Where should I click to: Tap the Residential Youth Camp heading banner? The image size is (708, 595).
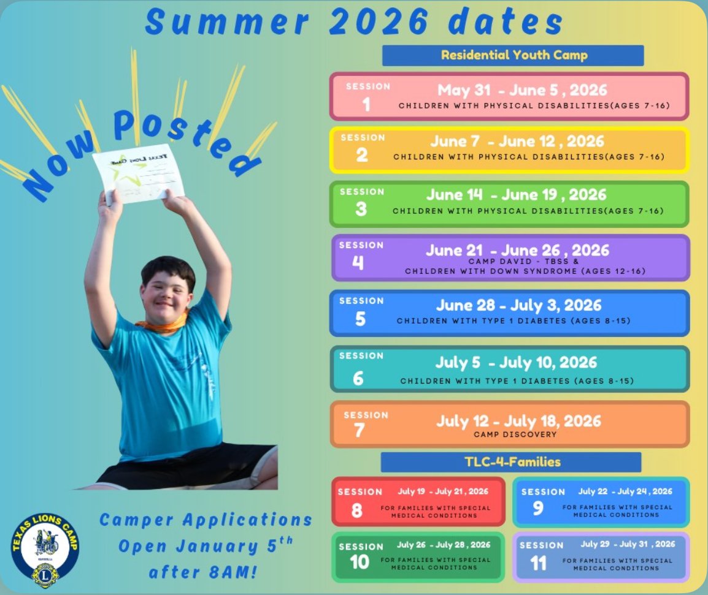click(513, 55)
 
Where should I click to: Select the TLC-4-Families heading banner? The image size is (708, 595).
click(510, 462)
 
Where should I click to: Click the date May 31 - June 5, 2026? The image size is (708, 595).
click(522, 91)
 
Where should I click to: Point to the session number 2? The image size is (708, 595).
click(362, 155)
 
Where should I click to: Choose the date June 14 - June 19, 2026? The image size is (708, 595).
click(516, 195)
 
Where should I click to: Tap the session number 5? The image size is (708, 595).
click(360, 319)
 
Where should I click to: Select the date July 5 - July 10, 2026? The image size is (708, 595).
click(516, 362)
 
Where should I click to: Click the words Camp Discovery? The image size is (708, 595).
click(515, 434)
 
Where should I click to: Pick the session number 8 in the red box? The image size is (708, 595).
click(356, 510)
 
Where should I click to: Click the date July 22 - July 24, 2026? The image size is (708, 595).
click(625, 491)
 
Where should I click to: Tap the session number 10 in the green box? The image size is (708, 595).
click(359, 563)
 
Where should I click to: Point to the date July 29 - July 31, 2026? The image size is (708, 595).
click(628, 544)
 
